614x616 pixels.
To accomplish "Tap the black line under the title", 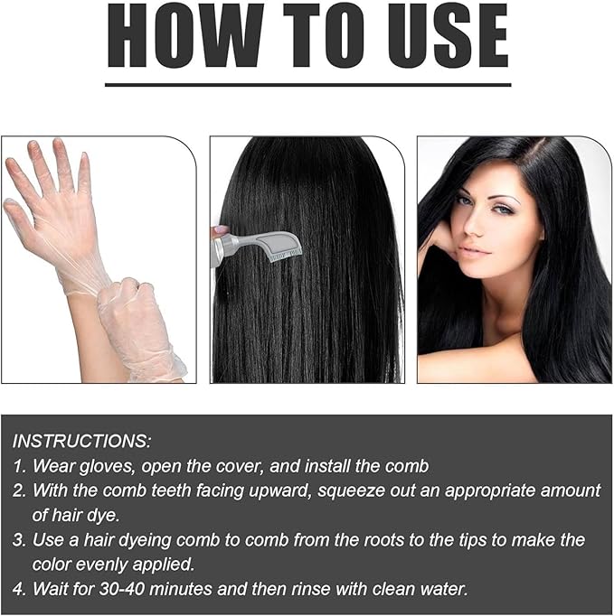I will [307, 84].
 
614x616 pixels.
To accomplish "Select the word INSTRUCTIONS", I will [82, 442].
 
